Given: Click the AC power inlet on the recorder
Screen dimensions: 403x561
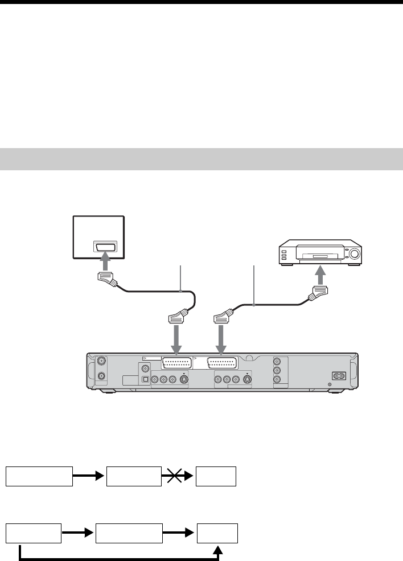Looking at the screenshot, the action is [340, 375].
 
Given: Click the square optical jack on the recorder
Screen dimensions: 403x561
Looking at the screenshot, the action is [145, 377].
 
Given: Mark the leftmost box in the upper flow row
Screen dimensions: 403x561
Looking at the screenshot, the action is [39, 476].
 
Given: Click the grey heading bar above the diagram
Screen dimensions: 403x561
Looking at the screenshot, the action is [201, 159].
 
